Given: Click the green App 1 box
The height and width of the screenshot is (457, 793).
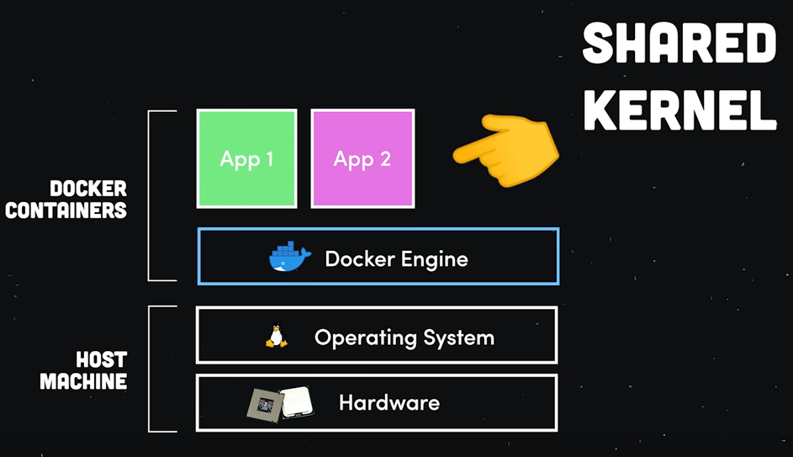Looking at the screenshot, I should pos(246,158).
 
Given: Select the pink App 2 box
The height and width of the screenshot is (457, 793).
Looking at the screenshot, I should pos(362,158).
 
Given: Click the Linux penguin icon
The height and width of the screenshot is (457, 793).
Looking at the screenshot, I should pos(276,337).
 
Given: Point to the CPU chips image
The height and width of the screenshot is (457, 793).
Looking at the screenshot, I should pos(279,403).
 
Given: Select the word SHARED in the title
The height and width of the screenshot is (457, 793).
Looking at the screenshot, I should pos(679,45).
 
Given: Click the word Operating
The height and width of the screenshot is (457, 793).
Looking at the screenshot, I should pos(366,338).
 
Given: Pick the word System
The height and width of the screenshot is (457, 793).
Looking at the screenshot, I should pos(458,338).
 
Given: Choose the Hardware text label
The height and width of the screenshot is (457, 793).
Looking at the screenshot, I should pos(389,403).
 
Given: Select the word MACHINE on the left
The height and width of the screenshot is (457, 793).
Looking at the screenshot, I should pos(83,381).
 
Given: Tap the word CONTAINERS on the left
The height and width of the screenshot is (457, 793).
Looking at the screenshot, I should pos(66,210).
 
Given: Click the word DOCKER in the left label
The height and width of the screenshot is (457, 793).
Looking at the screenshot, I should pos(88,188).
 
